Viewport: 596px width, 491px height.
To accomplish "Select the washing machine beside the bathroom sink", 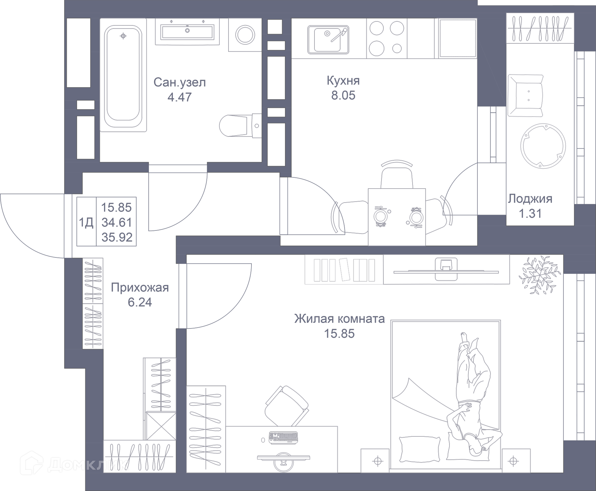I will [x=245, y=35].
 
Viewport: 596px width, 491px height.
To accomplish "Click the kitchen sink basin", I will [x=328, y=40].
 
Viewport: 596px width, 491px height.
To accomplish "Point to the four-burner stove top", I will [x=386, y=38].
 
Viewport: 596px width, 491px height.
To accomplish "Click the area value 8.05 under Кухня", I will [x=343, y=96].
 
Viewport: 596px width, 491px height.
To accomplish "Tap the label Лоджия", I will [x=530, y=199].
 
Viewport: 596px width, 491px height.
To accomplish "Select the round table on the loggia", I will [x=543, y=146].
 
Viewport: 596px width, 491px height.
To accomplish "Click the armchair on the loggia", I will [x=525, y=96].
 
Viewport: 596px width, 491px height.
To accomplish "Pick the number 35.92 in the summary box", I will [x=117, y=237].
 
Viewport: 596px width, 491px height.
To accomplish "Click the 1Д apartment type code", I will [x=86, y=222].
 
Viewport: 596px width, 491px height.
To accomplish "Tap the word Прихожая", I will [x=140, y=288].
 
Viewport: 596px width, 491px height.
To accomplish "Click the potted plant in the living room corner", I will [x=540, y=275].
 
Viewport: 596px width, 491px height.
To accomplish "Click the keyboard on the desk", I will [x=283, y=437].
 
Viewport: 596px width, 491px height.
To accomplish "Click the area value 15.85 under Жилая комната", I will [x=339, y=334].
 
